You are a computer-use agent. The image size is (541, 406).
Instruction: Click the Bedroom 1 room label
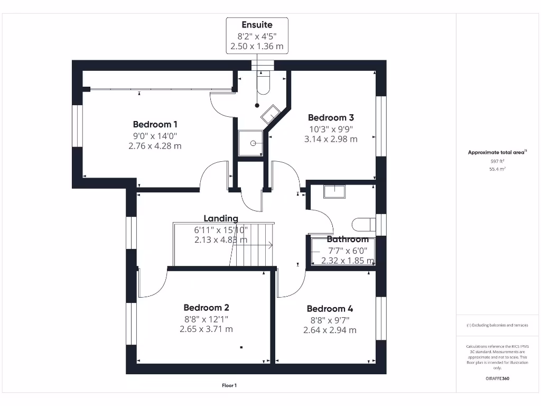coord(155,125)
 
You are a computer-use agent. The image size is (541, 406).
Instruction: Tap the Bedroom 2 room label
coord(206,308)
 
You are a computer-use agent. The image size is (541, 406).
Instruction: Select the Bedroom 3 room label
coord(331,118)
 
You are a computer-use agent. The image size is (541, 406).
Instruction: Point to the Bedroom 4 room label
coord(330,309)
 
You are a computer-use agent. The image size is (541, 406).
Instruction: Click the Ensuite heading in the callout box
coord(257,25)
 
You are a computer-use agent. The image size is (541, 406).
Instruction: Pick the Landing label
coord(221,218)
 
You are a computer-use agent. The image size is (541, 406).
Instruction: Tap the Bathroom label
coord(347,239)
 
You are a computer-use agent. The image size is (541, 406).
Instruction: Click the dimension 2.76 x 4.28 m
coord(155,146)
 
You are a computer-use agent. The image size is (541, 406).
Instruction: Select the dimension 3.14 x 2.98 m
coord(331,139)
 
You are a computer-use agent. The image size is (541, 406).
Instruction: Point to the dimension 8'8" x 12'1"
coord(206,319)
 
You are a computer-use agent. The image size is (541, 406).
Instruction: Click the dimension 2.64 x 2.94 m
coord(330,330)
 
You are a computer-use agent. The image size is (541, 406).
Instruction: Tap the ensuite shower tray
coord(251,143)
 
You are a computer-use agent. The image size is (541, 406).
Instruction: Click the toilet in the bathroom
coord(364,224)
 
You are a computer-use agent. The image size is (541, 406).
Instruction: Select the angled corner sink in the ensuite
coord(270,114)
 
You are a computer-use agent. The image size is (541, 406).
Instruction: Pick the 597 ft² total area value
coord(497,161)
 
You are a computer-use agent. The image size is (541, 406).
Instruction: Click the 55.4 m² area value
coord(497,169)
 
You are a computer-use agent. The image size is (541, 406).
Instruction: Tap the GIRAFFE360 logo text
coord(497,379)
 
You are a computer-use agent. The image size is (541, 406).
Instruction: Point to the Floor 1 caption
coord(229,386)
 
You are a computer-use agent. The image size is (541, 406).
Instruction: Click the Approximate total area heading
coord(497,152)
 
